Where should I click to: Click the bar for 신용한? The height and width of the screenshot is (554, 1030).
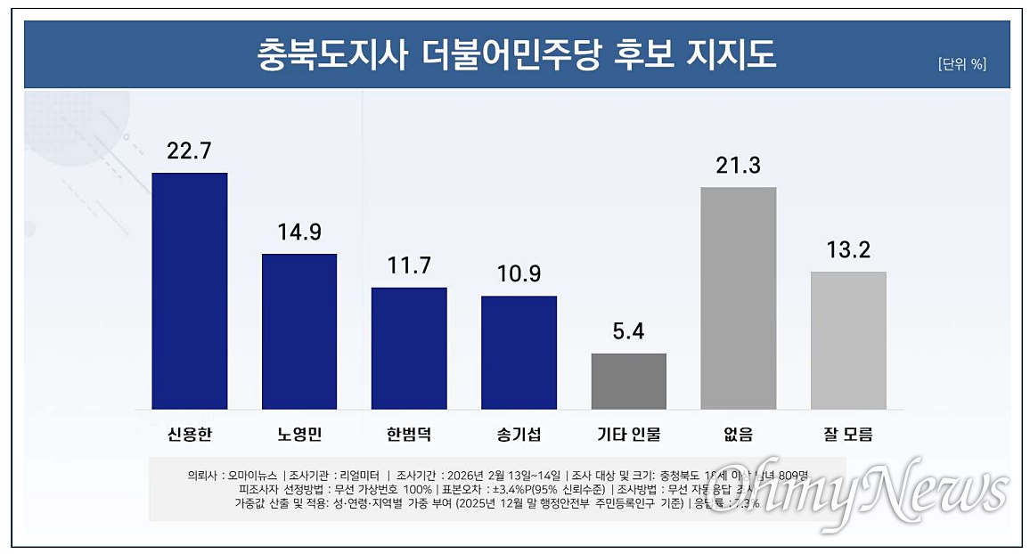190,290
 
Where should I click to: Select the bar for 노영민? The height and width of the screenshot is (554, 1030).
299,331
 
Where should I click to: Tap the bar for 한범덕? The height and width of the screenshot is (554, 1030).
409,348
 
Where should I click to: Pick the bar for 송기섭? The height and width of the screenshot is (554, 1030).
519,352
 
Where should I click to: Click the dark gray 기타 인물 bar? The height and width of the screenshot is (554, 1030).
629,381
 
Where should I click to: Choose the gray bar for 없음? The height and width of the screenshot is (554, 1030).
739,297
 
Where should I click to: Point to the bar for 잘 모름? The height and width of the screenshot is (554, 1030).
848,340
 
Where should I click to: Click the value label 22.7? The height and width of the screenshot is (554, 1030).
189,151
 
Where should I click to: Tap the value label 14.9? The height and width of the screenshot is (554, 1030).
299,232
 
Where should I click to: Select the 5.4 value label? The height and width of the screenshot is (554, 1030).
629,332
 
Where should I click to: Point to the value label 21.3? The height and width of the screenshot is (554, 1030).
739,165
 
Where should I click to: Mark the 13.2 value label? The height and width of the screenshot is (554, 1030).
848,250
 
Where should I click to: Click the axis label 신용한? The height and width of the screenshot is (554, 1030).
189,435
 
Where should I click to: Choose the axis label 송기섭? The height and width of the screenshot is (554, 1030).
519,435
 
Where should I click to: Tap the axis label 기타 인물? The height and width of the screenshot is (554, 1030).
629,435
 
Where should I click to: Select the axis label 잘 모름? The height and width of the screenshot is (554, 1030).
848,435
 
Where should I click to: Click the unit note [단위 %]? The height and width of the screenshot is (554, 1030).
961,64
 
